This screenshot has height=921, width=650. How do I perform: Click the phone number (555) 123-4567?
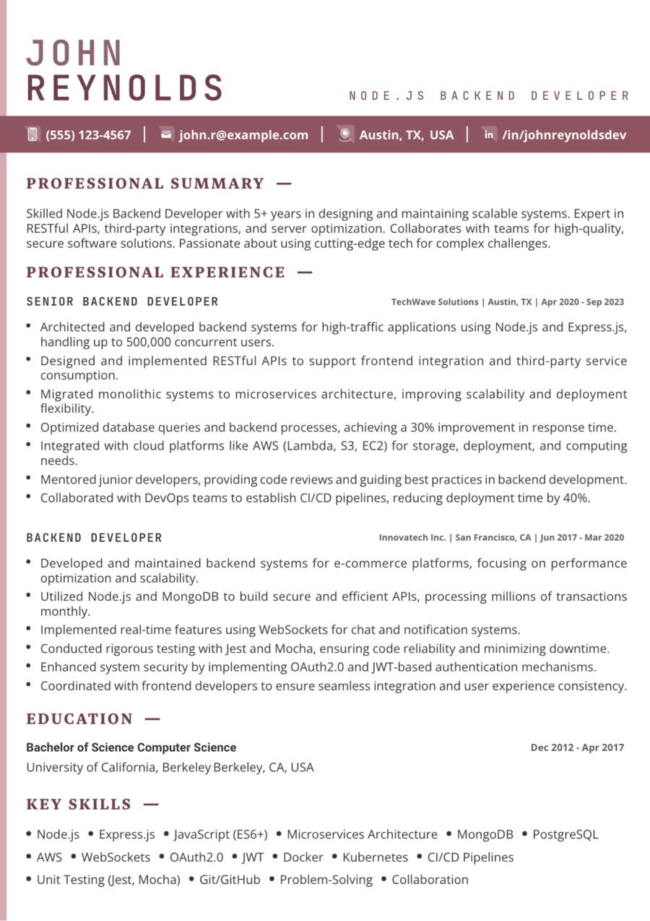point(88,134)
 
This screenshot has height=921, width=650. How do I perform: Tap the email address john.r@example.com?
point(243,134)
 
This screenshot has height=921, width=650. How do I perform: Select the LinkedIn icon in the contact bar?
point(489,134)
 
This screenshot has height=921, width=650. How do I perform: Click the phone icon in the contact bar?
point(32,134)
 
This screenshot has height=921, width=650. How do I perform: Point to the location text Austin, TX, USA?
point(407,134)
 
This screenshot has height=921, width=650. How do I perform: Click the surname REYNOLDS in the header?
point(125,88)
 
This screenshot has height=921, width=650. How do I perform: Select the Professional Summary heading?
point(145,184)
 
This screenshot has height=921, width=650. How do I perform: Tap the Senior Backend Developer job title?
point(122,301)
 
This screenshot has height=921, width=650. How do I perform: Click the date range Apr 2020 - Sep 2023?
point(582,302)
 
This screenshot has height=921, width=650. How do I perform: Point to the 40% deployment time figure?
point(575,498)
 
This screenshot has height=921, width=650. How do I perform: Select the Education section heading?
point(79,719)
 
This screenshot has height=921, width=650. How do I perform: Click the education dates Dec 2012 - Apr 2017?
point(577,747)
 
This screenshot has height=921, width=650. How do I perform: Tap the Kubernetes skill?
point(375,857)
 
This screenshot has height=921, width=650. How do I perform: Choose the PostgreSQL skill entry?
point(565,834)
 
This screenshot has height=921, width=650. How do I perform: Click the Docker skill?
point(303,857)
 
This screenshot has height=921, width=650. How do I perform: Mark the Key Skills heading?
point(79,805)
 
